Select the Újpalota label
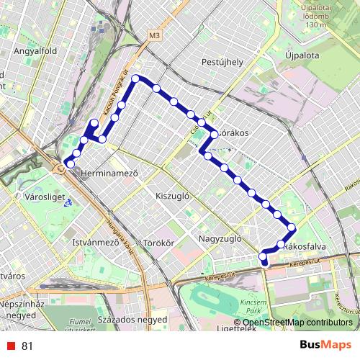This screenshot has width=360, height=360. pos(302,53)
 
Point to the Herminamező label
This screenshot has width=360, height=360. pos(109,174)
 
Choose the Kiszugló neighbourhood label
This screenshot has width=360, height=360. pos(172,195)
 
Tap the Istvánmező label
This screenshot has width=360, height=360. pos(95,243)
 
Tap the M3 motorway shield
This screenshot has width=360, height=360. pos(155,35)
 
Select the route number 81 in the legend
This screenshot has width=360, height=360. pos(27,346)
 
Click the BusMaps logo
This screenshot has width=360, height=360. pos(326,346)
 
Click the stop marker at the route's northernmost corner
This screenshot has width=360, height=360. pos(135,78)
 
